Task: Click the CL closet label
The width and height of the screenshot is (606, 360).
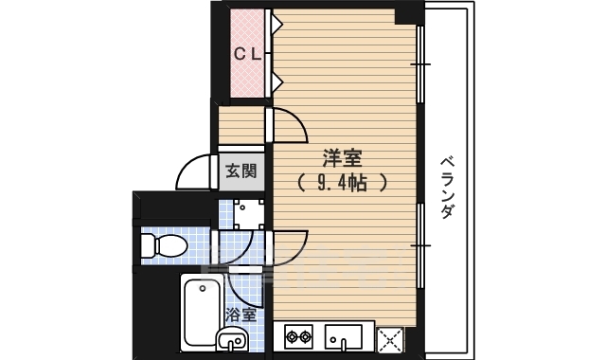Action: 247,54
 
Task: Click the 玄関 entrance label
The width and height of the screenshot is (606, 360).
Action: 241,171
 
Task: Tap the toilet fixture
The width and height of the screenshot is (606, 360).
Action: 161,246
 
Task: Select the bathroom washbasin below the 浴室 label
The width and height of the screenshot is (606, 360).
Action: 232,338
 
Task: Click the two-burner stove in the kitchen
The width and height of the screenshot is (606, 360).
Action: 300,336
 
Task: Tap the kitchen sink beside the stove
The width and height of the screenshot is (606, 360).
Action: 344,336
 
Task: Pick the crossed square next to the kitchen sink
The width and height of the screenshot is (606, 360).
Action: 390,337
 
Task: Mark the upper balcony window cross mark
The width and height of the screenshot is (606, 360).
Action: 420,63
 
